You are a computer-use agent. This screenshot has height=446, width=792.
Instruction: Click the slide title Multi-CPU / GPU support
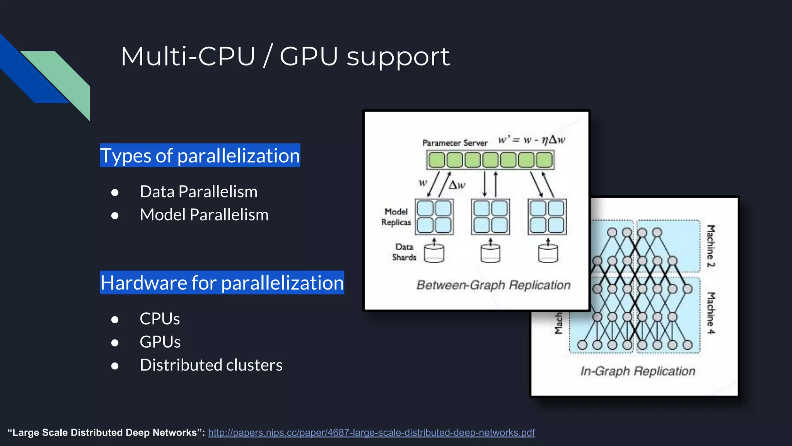[x=285, y=57]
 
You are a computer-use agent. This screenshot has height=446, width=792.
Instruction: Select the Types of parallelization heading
[x=200, y=156]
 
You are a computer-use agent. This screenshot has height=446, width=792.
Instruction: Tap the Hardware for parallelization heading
[x=222, y=283]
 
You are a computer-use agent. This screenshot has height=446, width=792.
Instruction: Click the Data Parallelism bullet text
[x=198, y=192]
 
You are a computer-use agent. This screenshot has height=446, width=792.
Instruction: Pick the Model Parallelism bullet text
[x=204, y=215]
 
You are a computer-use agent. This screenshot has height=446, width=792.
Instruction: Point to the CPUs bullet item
[x=159, y=319]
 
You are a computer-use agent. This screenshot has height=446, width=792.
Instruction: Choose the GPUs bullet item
[x=160, y=342]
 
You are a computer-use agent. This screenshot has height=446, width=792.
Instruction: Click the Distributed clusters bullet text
[x=211, y=365]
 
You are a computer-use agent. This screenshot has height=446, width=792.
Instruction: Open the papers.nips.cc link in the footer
[x=371, y=432]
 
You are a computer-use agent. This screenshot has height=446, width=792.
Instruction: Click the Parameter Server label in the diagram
[x=455, y=143]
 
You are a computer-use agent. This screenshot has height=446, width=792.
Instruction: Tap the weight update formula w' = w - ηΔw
[x=531, y=139]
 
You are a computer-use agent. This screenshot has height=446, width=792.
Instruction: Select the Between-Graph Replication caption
[x=493, y=285]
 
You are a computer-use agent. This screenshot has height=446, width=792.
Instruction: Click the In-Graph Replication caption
[x=638, y=371]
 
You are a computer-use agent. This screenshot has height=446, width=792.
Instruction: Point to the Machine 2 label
[x=711, y=246]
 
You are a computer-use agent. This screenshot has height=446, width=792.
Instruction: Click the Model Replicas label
[x=396, y=217]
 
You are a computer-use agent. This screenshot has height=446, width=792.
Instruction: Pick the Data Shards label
[x=404, y=252]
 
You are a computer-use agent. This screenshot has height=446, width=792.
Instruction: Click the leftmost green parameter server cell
[x=437, y=160]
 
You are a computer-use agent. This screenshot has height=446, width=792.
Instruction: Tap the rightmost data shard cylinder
[x=548, y=253]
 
